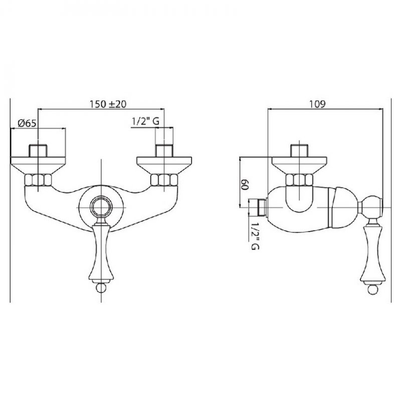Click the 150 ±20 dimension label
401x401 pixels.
[108, 104]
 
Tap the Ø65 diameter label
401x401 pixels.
[27, 123]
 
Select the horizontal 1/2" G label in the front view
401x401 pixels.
[145, 121]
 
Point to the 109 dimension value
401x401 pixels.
[317, 104]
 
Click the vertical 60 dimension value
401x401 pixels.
[245, 184]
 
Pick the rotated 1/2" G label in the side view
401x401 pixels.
[255, 236]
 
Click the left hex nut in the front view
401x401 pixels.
[38, 180]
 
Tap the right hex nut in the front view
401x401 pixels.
[164, 180]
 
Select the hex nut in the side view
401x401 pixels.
[299, 180]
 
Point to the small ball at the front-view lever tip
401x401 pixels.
[101, 288]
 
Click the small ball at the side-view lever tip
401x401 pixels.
[372, 290]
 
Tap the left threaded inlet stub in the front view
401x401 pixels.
[38, 151]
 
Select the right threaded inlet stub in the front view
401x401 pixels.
[164, 151]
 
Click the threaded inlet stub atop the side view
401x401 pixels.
[299, 151]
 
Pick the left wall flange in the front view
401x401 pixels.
[38, 165]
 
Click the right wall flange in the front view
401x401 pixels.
[164, 165]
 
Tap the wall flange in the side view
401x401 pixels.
[299, 165]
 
